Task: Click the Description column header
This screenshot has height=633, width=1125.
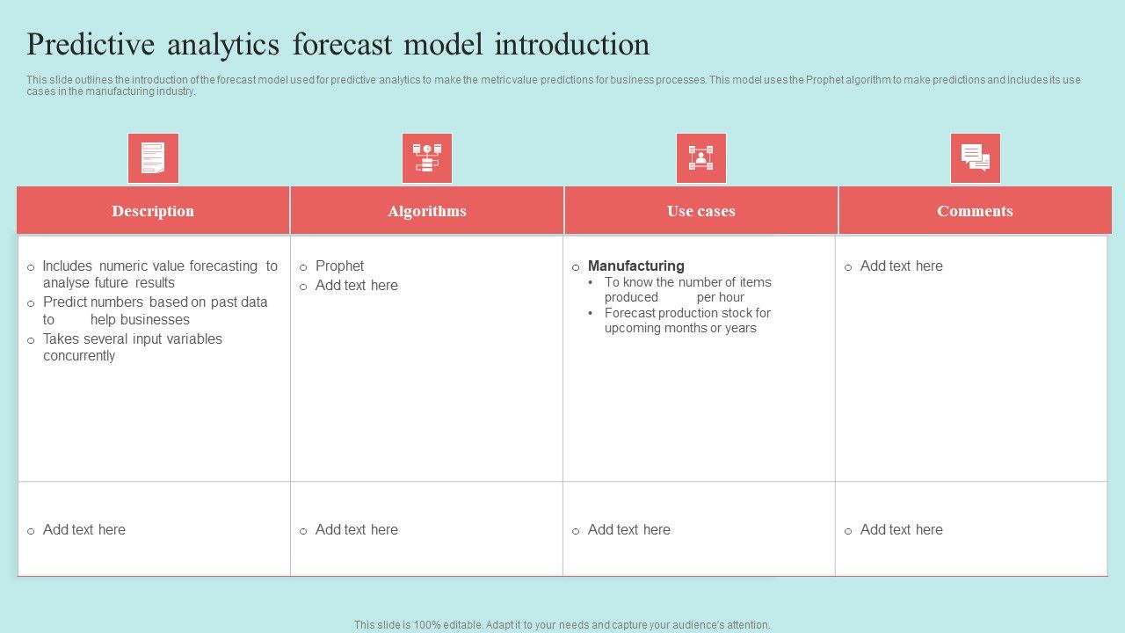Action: coord(153,211)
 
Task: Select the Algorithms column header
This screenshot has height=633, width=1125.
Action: coord(427,211)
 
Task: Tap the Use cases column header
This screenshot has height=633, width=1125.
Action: coord(701,211)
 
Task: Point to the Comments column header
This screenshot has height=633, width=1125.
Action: coord(975,211)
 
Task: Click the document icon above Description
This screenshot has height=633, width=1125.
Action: coord(153,158)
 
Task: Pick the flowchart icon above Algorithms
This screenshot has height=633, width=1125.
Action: coord(427,158)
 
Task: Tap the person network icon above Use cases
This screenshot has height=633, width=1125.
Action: coord(701,158)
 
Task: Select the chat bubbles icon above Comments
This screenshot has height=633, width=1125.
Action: coord(976,158)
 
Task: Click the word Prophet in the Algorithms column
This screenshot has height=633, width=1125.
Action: coord(339,266)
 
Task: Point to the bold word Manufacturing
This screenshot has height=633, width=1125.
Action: coord(635,266)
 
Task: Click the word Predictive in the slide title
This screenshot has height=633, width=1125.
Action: coord(91,44)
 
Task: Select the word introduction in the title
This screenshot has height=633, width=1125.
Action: coord(572,44)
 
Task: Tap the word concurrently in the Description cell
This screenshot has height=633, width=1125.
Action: coord(79,356)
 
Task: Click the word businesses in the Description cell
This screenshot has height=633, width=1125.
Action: coord(140,319)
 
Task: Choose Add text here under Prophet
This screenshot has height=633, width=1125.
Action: coord(357,286)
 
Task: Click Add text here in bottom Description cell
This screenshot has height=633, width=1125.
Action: coord(84,529)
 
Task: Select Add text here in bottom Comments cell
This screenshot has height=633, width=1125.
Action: coord(902,529)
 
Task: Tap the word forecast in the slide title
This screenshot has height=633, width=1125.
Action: coord(342,44)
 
